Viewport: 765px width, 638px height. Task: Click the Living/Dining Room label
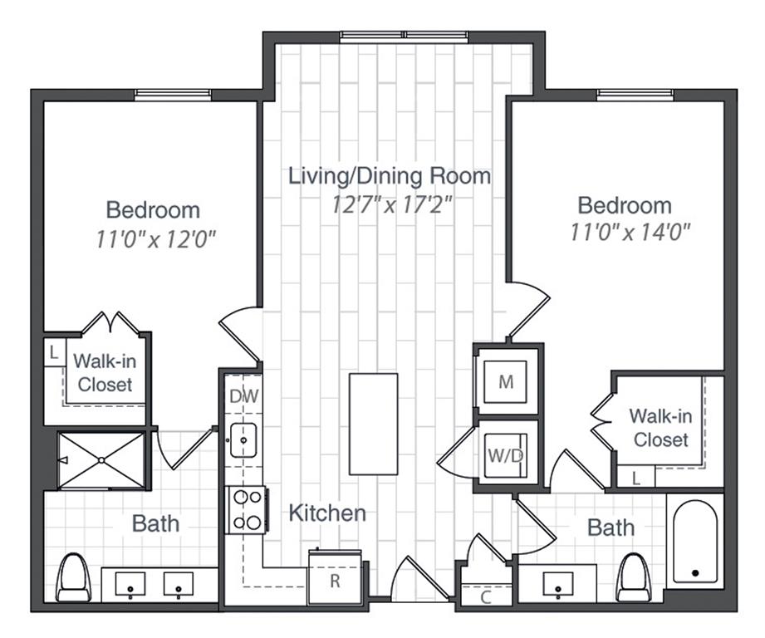pyautogui.click(x=389, y=176)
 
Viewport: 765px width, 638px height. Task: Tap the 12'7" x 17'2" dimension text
pyautogui.click(x=389, y=204)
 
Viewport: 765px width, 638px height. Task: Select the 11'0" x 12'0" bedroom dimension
pyautogui.click(x=155, y=240)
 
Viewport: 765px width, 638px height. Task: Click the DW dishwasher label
pyautogui.click(x=244, y=396)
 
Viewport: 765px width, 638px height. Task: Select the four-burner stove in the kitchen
pyautogui.click(x=247, y=509)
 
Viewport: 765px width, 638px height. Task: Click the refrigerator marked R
pyautogui.click(x=335, y=578)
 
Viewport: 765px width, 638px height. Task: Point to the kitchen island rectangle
pyautogui.click(x=373, y=424)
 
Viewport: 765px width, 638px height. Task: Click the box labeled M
pyautogui.click(x=506, y=382)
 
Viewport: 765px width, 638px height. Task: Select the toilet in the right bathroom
pyautogui.click(x=635, y=576)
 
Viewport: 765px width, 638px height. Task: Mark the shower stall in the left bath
pyautogui.click(x=101, y=459)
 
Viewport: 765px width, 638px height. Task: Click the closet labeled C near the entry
pyautogui.click(x=485, y=595)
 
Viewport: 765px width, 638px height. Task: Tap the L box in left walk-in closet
pyautogui.click(x=54, y=352)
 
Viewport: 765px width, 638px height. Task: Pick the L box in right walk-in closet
pyautogui.click(x=635, y=478)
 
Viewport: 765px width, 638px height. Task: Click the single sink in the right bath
pyautogui.click(x=557, y=584)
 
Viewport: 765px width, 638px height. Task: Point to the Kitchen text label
pyautogui.click(x=327, y=513)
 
